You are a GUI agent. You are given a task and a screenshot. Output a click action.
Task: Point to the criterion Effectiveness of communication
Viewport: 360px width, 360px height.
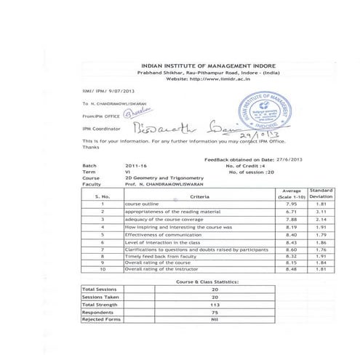pyautogui.click(x=161, y=235)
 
